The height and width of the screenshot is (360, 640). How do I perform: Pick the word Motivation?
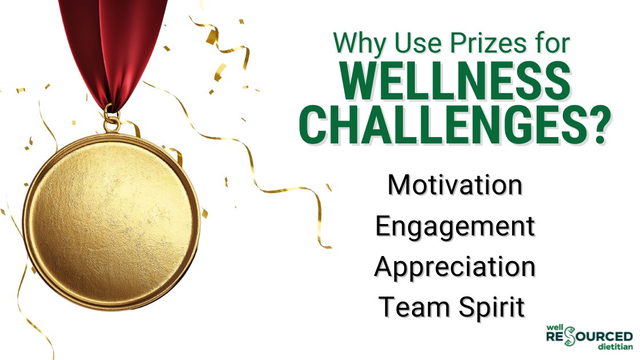pyautogui.click(x=455, y=186)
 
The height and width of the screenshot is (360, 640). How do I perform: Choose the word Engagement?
pyautogui.click(x=455, y=227)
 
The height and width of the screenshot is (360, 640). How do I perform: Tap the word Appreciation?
pyautogui.click(x=455, y=268)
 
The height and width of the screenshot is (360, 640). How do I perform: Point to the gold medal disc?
pyautogui.click(x=111, y=220)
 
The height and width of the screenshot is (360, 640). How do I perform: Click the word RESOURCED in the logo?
pyautogui.click(x=589, y=337)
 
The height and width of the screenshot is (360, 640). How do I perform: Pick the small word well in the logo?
pyautogui.click(x=554, y=327)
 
